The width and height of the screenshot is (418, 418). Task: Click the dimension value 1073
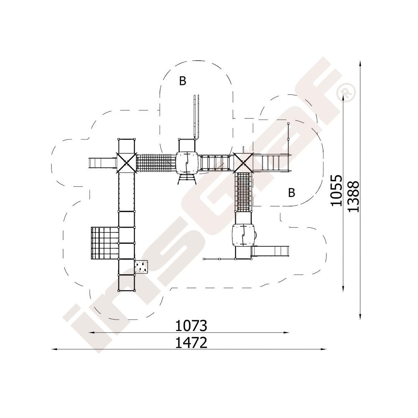tap(191, 326)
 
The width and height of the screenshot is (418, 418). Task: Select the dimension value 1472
tap(191, 343)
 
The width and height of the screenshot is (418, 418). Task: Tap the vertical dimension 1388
tap(354, 196)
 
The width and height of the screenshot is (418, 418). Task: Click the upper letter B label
tap(183, 81)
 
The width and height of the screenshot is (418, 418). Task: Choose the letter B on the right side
tap(292, 192)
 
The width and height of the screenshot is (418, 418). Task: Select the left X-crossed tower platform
tap(126, 163)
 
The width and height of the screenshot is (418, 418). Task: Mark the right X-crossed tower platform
tap(243, 162)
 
